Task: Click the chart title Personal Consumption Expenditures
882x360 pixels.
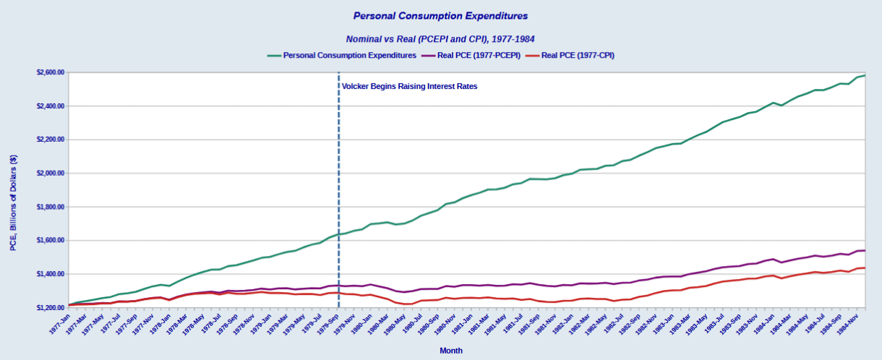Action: (440, 16)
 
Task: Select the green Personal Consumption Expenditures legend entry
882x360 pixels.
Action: (342, 56)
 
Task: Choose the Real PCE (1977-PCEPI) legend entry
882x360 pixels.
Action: (471, 56)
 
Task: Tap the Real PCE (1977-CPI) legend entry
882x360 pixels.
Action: (570, 56)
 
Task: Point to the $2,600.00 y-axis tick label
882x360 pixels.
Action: (51, 72)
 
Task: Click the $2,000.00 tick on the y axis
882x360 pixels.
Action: (51, 173)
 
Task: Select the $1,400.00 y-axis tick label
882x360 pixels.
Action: (51, 274)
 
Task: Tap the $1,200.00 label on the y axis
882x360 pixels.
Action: (51, 308)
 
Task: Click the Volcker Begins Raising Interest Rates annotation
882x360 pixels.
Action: (409, 86)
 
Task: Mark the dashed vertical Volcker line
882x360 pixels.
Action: (338, 190)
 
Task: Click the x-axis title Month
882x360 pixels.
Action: (451, 351)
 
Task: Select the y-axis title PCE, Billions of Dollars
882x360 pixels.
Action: (14, 203)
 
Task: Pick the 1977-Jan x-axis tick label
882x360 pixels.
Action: (60, 324)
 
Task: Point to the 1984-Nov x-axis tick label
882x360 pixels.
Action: (848, 324)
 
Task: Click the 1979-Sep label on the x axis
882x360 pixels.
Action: (328, 324)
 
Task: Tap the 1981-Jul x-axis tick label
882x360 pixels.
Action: (513, 324)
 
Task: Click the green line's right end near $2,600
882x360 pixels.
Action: (865, 75)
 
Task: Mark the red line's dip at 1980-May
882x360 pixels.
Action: (404, 304)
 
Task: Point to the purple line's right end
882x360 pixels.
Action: (865, 251)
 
